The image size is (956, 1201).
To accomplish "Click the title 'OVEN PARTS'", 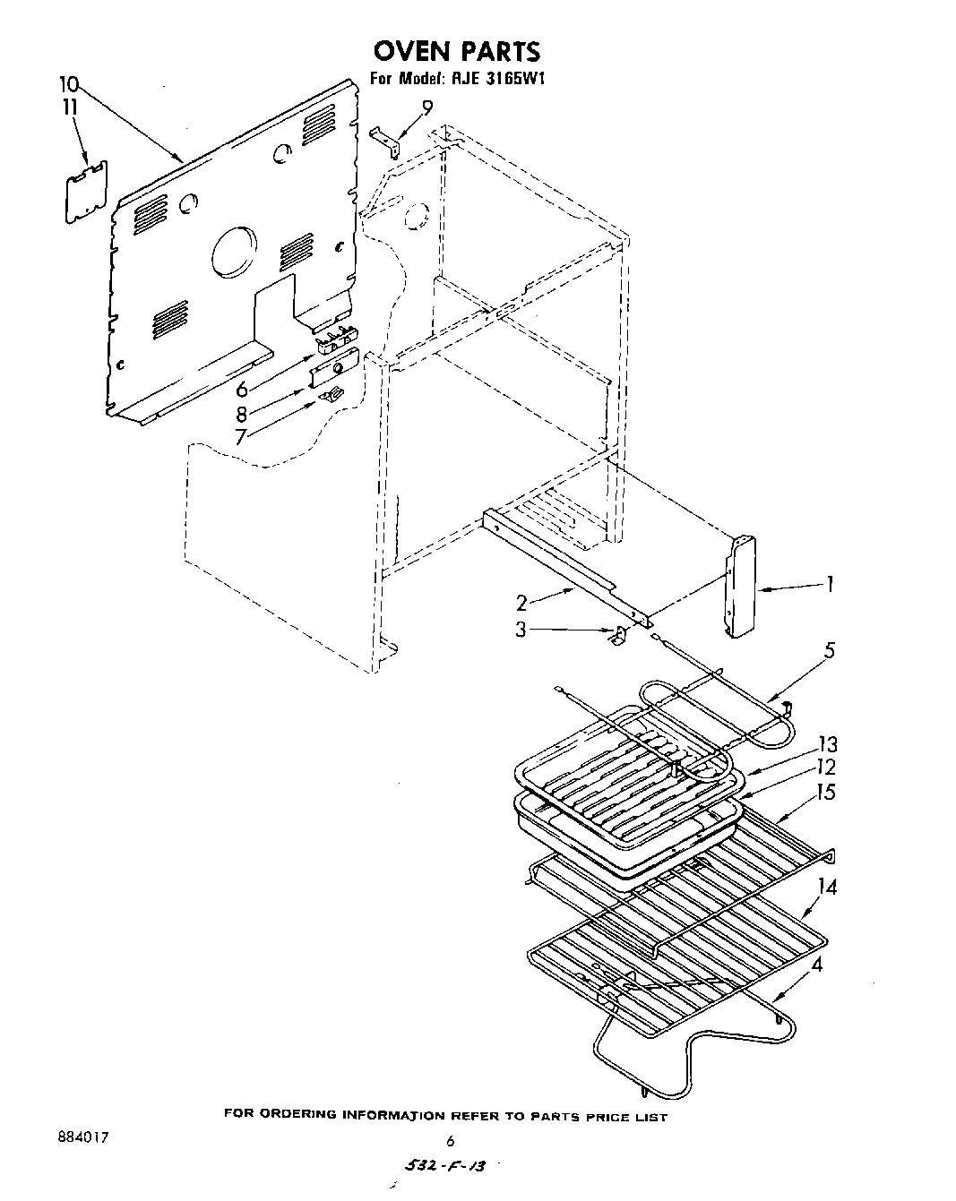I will tap(456, 50).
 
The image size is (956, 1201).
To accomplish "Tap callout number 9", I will tap(426, 107).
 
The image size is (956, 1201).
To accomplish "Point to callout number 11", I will tap(69, 107).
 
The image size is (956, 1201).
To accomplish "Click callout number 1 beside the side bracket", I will tap(830, 585).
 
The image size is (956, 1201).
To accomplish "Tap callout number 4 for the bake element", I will tap(816, 965).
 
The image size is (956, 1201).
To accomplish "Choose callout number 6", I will tap(241, 390).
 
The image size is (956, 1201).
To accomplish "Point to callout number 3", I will tap(521, 630).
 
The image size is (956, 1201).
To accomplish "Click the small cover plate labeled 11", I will tap(87, 191).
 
